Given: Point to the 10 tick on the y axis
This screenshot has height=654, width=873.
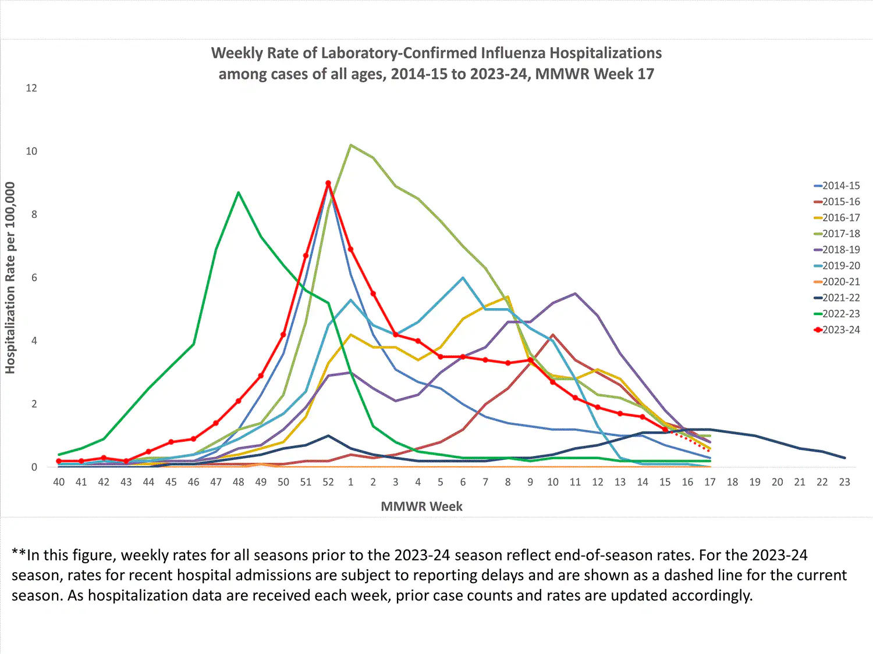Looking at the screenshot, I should click(31, 151).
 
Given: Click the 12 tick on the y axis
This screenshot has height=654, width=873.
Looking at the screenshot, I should click(31, 88).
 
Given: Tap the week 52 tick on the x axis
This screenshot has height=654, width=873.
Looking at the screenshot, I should click(328, 482).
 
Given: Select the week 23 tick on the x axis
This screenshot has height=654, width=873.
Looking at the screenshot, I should click(844, 482).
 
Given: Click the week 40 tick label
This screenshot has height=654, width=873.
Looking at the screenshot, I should click(59, 482).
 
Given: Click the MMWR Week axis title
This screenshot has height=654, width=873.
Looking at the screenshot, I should click(421, 506).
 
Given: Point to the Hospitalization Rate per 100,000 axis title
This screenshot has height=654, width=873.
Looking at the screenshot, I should click(10, 278).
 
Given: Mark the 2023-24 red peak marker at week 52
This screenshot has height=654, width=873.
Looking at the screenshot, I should click(328, 183).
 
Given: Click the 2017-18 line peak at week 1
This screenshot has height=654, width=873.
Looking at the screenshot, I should click(350, 145).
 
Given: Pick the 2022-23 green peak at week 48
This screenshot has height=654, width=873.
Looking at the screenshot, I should click(238, 192).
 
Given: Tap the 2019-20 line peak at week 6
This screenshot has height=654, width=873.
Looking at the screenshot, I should click(463, 278).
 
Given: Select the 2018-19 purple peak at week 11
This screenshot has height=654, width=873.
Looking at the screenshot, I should click(575, 294).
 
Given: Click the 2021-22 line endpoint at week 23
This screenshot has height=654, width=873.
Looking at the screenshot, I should click(844, 458).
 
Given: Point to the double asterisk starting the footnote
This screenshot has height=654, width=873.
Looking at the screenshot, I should click(19, 555).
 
